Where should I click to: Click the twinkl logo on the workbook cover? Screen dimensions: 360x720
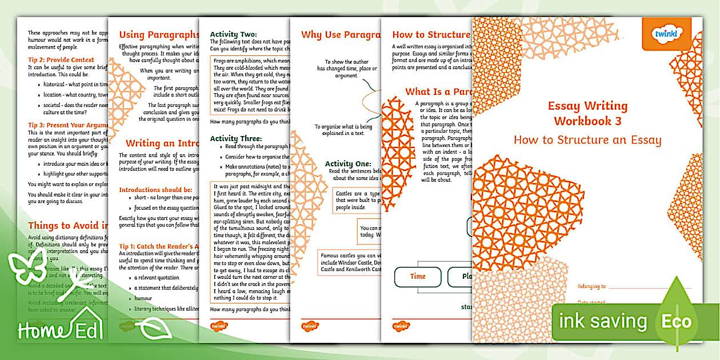point(666,34)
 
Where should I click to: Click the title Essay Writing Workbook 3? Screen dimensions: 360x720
point(587,113)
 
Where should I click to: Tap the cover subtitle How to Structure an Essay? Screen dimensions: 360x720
point(587,140)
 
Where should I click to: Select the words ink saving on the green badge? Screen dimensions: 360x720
point(602,321)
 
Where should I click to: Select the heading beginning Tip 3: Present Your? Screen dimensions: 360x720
point(69,125)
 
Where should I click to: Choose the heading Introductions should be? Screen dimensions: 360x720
point(155,189)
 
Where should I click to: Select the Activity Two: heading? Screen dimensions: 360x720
point(234,34)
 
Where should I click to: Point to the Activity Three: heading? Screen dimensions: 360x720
point(236,138)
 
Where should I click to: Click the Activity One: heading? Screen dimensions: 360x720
point(347,164)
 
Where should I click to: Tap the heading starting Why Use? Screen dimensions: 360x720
point(339,35)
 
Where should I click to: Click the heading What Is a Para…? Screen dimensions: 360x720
point(437,91)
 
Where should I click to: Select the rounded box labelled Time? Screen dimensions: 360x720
point(418,277)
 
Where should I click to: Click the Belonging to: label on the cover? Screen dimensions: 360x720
point(591,286)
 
